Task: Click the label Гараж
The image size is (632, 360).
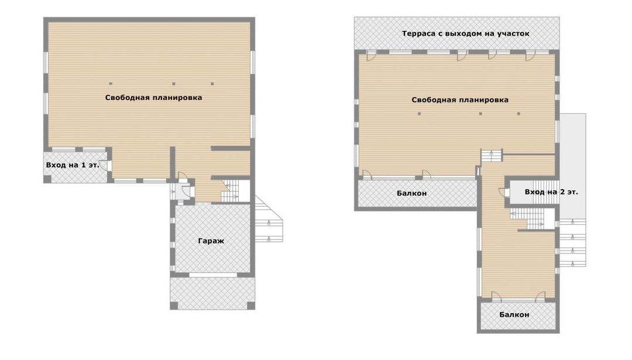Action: [211, 241]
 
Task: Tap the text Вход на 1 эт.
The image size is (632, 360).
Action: [73, 165]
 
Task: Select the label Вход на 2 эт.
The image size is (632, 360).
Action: [551, 192]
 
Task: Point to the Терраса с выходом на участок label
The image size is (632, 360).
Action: [466, 33]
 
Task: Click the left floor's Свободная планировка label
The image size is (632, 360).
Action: [153, 98]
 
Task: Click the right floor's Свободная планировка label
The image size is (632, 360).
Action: [460, 100]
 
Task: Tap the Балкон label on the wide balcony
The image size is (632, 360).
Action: [411, 193]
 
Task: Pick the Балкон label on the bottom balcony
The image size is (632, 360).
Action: [514, 314]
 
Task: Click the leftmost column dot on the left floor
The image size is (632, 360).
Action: [111, 84]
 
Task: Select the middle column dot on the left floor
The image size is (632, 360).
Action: [174, 84]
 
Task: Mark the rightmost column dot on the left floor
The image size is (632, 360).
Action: [212, 84]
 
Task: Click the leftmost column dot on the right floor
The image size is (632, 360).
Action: [419, 114]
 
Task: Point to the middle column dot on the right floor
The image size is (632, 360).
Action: [480, 114]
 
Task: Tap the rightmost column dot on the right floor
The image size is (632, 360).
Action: [518, 114]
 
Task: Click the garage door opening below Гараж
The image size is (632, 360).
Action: [213, 275]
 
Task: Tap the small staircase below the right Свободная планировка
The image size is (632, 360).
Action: [492, 156]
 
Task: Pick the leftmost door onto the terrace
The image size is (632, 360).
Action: [371, 56]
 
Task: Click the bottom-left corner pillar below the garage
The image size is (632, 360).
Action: [174, 306]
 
